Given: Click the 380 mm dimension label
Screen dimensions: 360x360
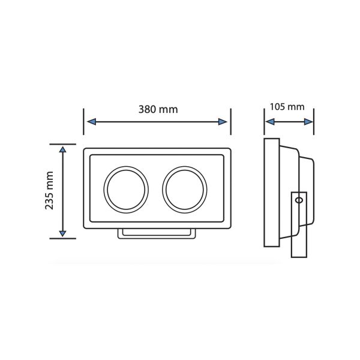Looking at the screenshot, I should [x=158, y=109].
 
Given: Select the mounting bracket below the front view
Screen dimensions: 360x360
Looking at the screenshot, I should [x=156, y=234].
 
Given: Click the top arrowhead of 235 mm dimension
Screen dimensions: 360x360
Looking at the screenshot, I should [x=62, y=149].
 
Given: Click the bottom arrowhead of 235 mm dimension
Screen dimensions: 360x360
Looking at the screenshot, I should [x=62, y=233].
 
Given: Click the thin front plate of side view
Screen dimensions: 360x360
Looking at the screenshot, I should [x=272, y=192].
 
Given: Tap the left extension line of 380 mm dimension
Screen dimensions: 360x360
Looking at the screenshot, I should [x=83, y=123].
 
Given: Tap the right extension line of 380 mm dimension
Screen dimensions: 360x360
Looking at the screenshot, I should [x=231, y=123].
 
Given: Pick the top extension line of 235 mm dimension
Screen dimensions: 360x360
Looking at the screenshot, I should [x=62, y=144].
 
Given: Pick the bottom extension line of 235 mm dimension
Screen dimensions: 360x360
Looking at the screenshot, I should [x=62, y=238].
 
